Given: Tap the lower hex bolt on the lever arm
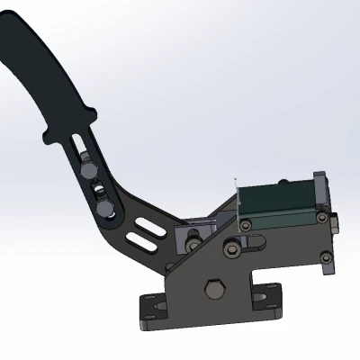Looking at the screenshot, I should (x=104, y=209).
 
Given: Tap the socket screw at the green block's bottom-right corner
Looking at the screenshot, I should (x=315, y=215).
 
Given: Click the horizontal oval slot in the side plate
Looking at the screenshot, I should (x=254, y=240).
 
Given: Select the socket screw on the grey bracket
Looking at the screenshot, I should (x=193, y=243).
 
